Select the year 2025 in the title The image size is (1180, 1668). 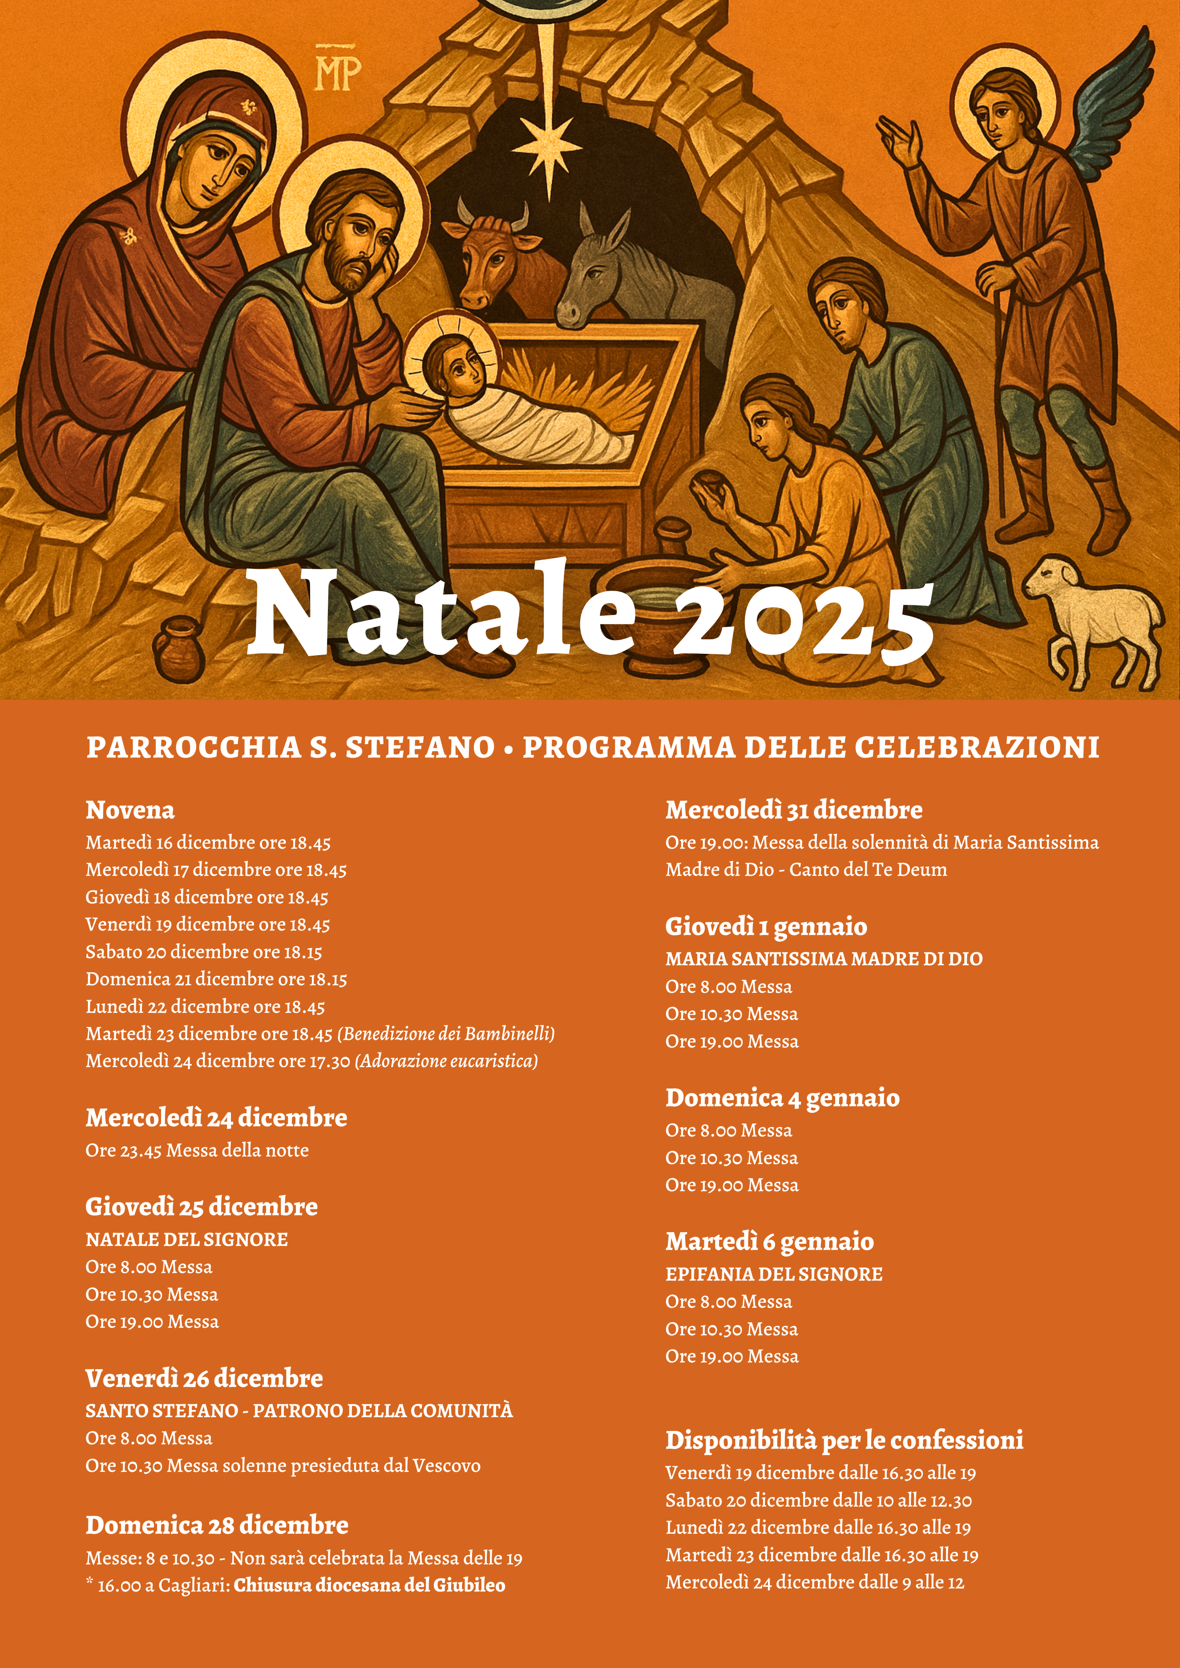[x=803, y=617]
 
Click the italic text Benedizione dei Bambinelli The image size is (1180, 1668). [x=446, y=1033]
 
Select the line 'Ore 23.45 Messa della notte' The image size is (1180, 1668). [x=197, y=1150]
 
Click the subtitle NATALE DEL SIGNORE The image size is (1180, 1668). [x=187, y=1239]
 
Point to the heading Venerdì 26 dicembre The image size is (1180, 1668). [x=204, y=1378]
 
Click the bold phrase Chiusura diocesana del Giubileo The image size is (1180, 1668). [x=369, y=1585]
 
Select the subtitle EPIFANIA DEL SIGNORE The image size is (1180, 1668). [x=774, y=1274]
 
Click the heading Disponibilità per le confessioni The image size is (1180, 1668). [x=845, y=1440]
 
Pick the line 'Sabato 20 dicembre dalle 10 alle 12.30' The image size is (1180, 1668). [x=818, y=1500]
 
